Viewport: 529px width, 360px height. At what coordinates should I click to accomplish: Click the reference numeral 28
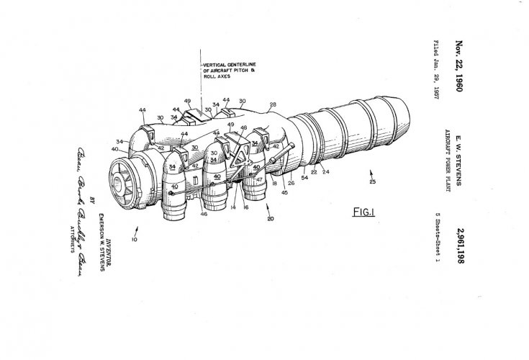coord(272,105)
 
